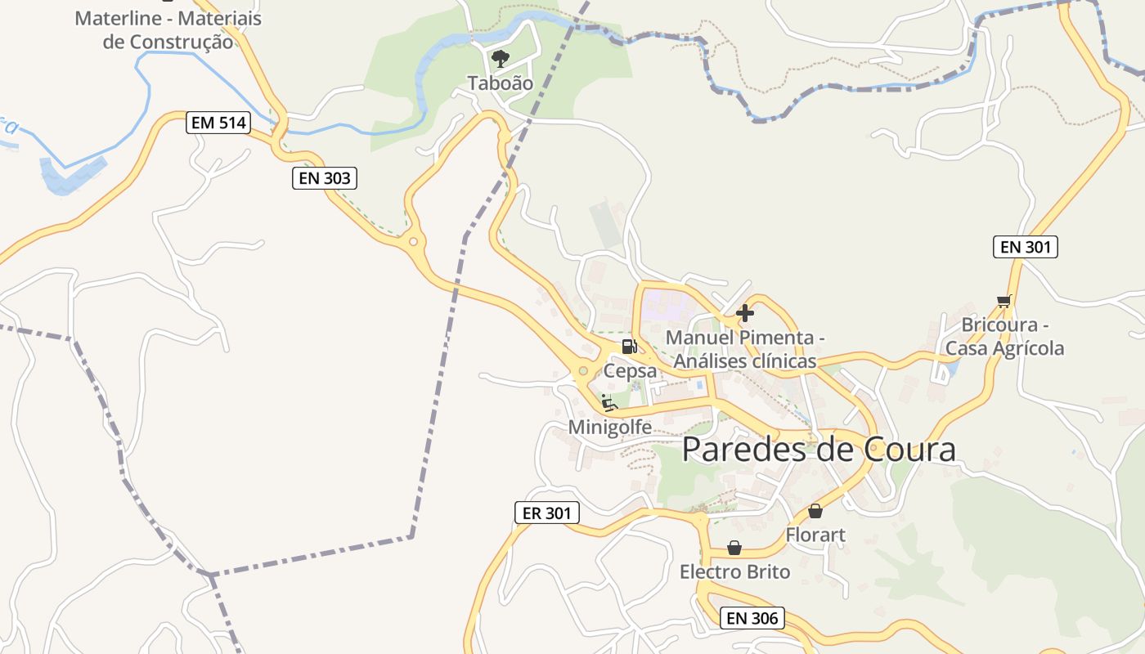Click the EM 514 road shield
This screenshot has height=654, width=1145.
[x=218, y=123]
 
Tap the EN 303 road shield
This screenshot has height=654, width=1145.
[x=325, y=177]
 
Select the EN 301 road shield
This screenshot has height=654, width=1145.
[x=1025, y=246]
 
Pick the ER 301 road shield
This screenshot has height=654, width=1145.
[x=546, y=513]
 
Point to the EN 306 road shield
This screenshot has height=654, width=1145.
[x=752, y=618]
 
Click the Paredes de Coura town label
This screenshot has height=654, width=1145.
[x=819, y=450]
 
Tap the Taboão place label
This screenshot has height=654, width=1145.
[x=500, y=83]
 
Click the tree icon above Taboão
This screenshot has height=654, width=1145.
[x=500, y=58]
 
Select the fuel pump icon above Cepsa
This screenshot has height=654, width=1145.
[x=629, y=347]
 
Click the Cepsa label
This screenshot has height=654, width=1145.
[x=630, y=371]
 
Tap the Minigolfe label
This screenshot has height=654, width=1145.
[x=610, y=427]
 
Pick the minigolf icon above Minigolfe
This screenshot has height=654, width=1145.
[x=609, y=402]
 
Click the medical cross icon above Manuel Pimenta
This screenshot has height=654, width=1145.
[x=744, y=312]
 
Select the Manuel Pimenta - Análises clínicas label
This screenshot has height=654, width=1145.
[x=744, y=349]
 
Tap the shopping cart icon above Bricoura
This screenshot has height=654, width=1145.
[x=1004, y=301]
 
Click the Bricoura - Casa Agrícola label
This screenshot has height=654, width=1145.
[x=1004, y=337]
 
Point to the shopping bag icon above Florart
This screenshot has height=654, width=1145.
[x=815, y=511]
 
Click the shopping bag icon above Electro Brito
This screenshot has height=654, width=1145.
[x=734, y=548]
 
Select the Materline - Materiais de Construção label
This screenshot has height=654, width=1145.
[x=168, y=29]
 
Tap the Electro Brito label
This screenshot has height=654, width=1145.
[x=734, y=572]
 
